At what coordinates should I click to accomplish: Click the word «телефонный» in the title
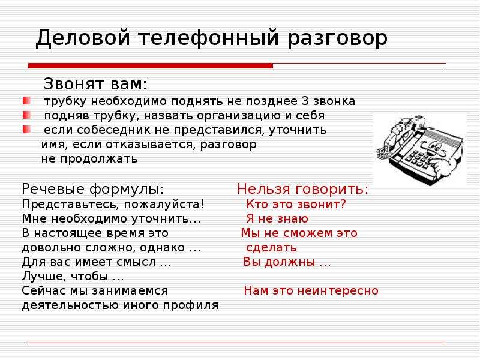click(209, 38)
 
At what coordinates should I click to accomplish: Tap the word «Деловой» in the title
click(83, 38)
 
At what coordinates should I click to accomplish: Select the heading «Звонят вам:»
click(95, 83)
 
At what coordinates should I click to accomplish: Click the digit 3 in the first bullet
click(305, 101)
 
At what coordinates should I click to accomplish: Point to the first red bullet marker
click(26, 101)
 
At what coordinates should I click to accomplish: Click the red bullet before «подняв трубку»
click(26, 115)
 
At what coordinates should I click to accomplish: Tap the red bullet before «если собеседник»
click(26, 130)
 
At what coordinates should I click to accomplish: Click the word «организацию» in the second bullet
click(239, 116)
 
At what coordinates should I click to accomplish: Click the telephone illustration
click(420, 149)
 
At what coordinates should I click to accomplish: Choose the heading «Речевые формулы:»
click(93, 189)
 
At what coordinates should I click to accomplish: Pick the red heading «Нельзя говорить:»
click(303, 189)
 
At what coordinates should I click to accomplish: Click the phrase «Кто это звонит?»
click(296, 204)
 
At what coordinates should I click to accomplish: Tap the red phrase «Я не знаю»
click(277, 218)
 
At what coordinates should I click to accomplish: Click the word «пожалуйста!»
click(164, 205)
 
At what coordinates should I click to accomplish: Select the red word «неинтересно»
click(338, 290)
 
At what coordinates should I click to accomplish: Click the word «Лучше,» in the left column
click(44, 277)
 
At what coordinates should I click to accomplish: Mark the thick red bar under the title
click(151, 65)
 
